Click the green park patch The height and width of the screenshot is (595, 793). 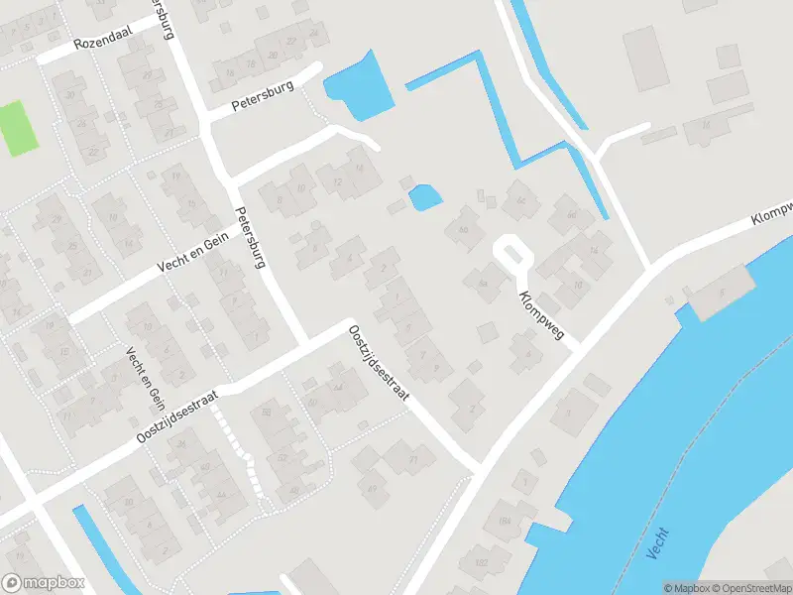click(x=18, y=128)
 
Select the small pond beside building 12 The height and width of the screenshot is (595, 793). click(x=425, y=196)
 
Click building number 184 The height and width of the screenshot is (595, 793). click(x=505, y=520)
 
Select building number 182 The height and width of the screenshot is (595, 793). click(x=482, y=563)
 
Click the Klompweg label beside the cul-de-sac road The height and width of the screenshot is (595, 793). click(x=540, y=315)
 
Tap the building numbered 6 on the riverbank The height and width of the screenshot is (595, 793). click(x=722, y=292)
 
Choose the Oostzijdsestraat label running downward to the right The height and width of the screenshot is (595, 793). click(x=378, y=366)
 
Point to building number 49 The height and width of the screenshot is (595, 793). click(x=373, y=488)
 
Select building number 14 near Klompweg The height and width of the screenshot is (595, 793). click(x=593, y=249)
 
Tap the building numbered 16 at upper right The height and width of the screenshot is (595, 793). click(x=706, y=126)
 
